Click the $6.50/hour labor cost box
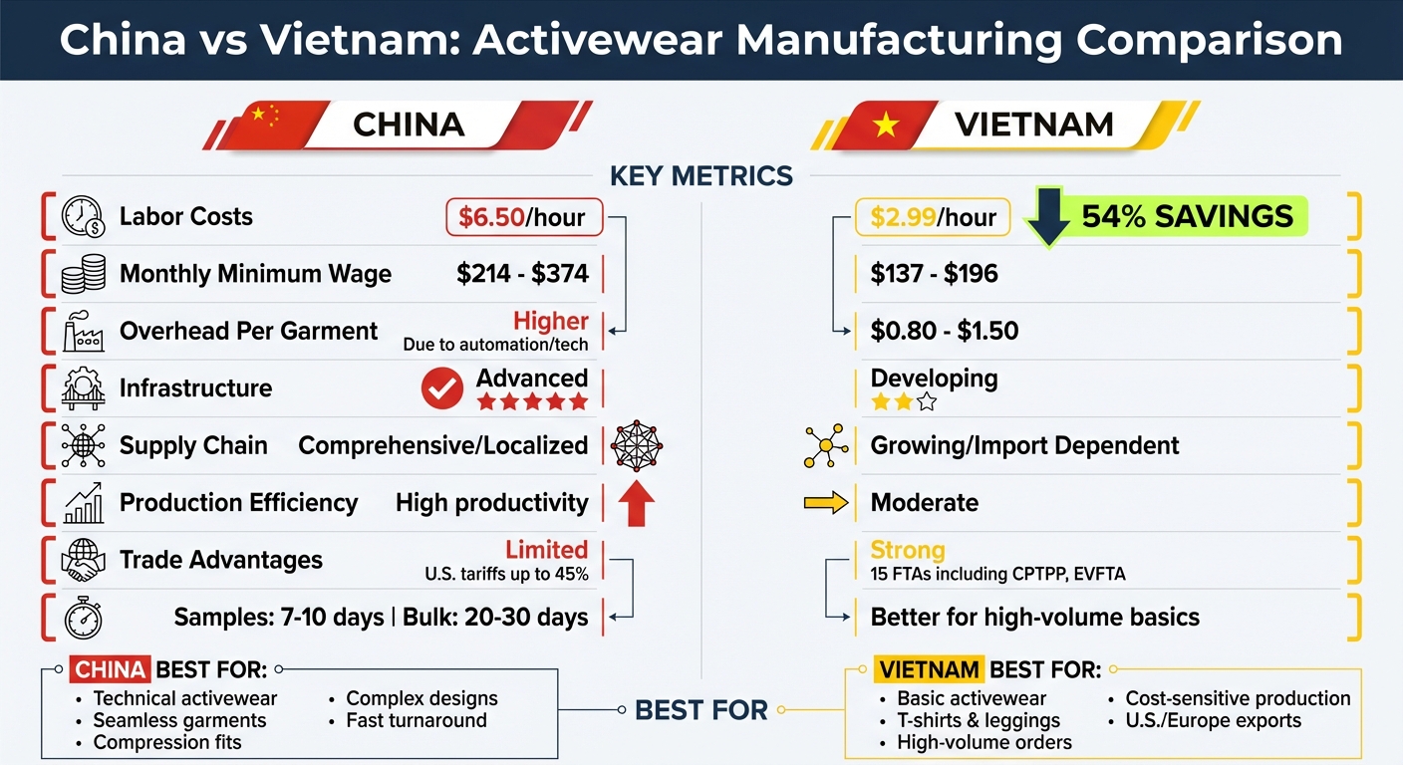point(523,216)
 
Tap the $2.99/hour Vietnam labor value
point(933,217)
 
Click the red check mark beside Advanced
point(441,388)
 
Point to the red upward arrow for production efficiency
point(636,503)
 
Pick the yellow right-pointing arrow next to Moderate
point(826,503)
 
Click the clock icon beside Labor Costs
point(83,217)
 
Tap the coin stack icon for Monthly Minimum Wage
point(83,274)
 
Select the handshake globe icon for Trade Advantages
point(83,560)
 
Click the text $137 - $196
point(934,274)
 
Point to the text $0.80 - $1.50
point(944,331)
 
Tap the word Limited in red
point(546,550)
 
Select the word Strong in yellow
point(907,550)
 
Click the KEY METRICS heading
point(701,176)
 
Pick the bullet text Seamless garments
point(179,720)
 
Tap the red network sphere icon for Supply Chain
point(636,445)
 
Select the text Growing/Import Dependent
point(1024,445)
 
